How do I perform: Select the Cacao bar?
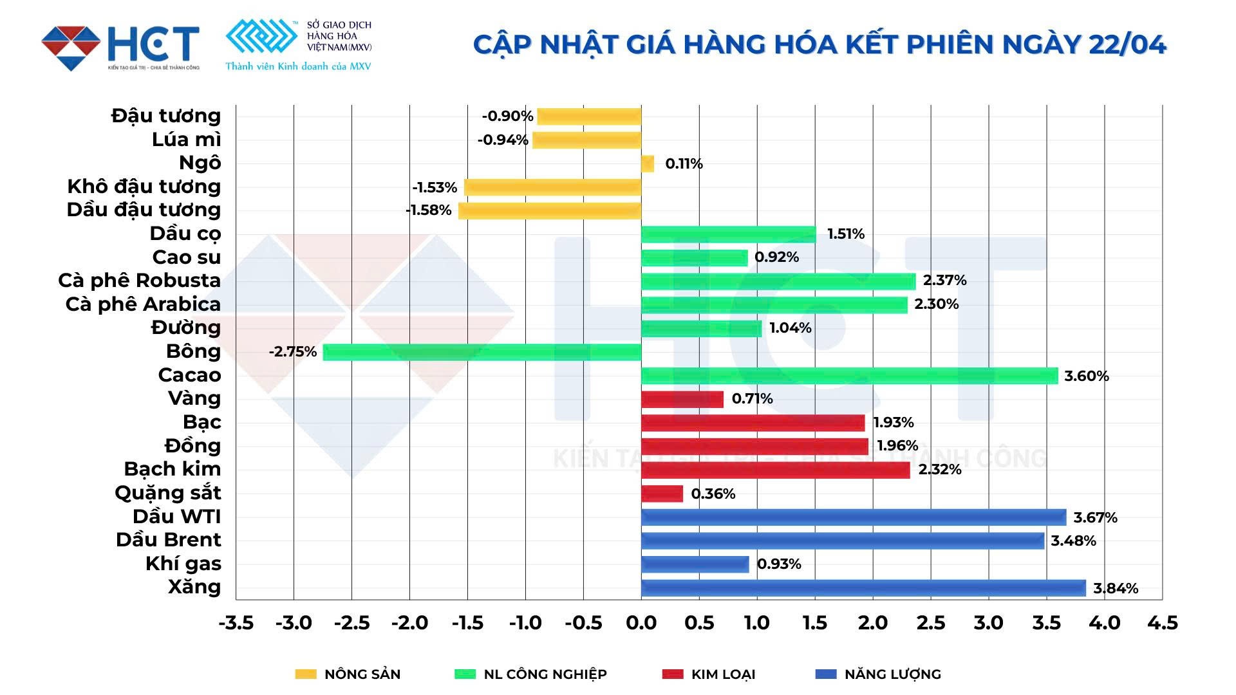[849, 376]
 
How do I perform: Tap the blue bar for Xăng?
[863, 588]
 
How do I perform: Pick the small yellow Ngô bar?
[648, 164]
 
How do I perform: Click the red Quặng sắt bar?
[662, 494]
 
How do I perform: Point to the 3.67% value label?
[1095, 517]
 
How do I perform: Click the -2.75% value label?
[293, 352]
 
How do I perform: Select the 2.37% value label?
[944, 281]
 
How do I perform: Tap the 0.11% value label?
[684, 164]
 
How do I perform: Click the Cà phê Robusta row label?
[140, 281]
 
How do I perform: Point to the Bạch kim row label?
[173, 469]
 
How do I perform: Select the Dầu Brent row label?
[169, 540]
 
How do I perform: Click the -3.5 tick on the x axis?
[236, 623]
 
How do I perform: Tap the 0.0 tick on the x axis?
[641, 623]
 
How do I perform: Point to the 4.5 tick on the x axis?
[1162, 623]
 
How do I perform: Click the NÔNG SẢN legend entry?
[348, 674]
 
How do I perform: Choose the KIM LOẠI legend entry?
[709, 674]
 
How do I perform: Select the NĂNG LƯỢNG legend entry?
[878, 674]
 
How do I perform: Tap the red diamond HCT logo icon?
[71, 48]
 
